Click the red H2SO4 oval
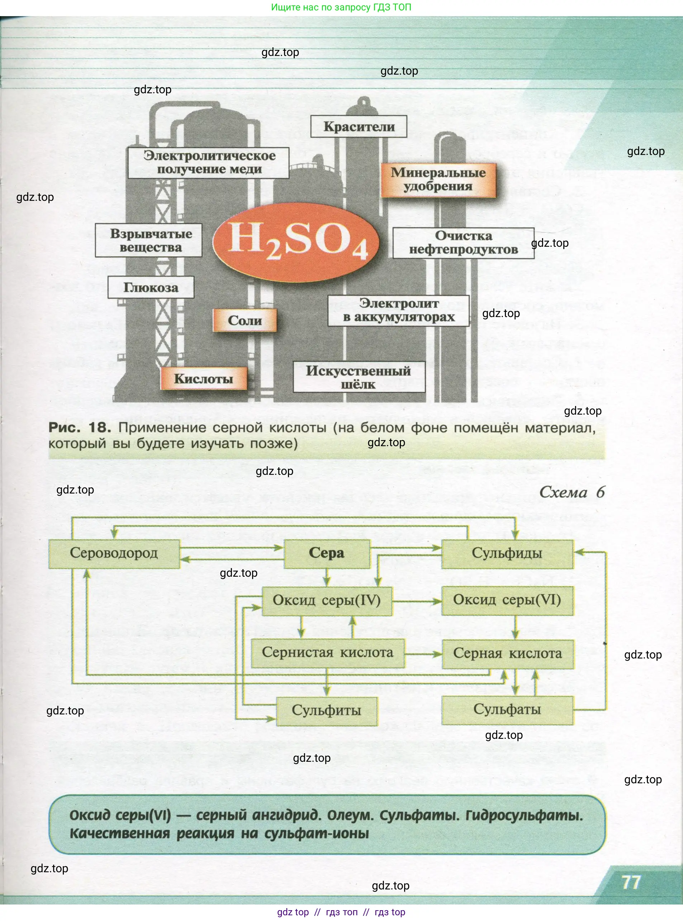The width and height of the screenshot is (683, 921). coord(296,243)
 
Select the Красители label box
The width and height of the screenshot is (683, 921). coord(359,127)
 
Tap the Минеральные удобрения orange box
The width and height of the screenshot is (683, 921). coord(438,179)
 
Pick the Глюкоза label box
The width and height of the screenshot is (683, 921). coord(151,287)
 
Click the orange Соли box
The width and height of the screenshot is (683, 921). coord(245,320)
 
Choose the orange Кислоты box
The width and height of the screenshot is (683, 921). coord(203,378)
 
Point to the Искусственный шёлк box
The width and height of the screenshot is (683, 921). coord(359,377)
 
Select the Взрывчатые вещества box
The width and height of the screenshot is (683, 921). coord(149,240)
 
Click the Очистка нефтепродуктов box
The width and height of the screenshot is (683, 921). coord(463,243)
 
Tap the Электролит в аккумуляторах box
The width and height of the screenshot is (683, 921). coord(399,311)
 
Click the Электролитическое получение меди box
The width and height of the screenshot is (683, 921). coord(208,162)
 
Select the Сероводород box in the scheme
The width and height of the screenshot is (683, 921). coord(114,553)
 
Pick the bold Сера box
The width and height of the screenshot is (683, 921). coord(327,553)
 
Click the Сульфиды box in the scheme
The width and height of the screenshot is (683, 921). coord(507,553)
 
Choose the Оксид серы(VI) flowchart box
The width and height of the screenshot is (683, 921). coord(507,600)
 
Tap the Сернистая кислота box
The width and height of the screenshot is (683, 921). coord(327,653)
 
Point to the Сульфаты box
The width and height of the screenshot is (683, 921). coord(507,710)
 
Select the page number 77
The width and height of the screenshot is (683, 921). coord(631,882)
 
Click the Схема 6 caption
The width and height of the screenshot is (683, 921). coord(572,492)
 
